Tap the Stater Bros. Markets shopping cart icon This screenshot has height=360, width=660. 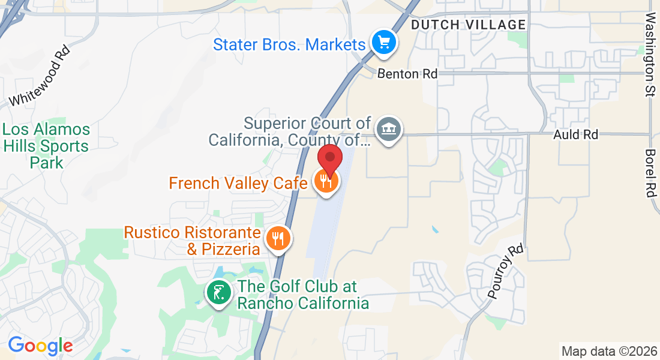[384, 43]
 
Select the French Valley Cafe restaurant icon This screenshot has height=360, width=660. [327, 181]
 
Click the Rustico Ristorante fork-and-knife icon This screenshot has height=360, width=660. [277, 238]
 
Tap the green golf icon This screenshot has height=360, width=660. [219, 293]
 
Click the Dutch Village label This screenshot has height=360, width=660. [468, 25]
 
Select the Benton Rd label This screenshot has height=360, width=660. [407, 74]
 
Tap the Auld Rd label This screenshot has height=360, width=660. [575, 134]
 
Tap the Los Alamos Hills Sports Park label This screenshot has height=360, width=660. [46, 146]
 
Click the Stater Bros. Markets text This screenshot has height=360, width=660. [289, 44]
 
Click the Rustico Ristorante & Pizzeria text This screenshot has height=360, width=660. [192, 241]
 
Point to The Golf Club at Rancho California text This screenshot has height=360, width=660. [303, 295]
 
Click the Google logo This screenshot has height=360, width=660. [40, 346]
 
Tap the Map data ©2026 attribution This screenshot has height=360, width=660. [608, 351]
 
